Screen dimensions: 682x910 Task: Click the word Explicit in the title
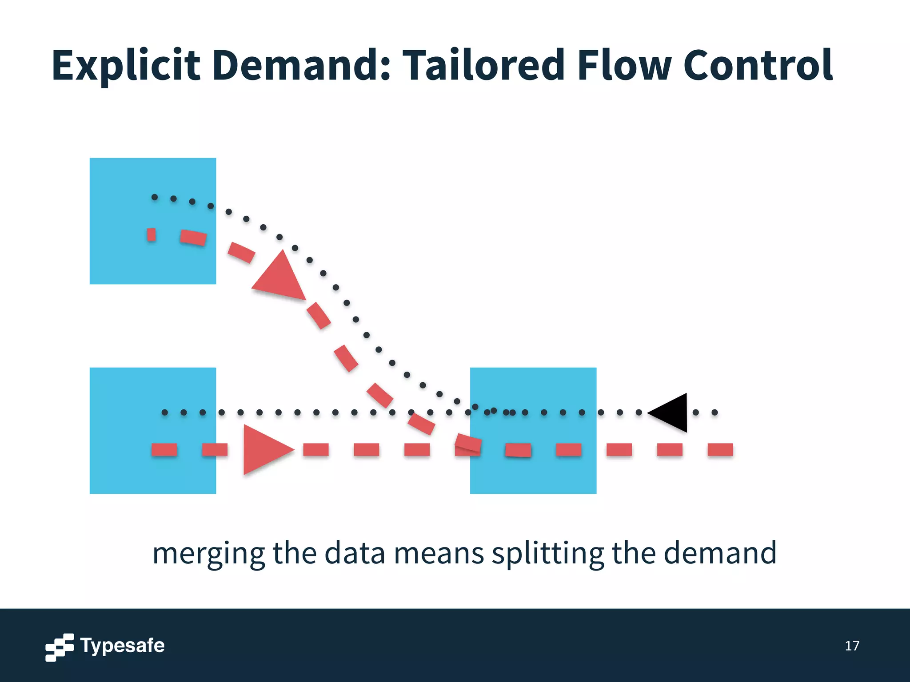[126, 66]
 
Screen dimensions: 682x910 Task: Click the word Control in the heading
[758, 66]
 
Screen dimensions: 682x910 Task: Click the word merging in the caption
[208, 554]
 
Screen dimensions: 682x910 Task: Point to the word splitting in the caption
[547, 554]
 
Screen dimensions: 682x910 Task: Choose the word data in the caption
[355, 554]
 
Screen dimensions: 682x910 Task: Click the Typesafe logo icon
[59, 647]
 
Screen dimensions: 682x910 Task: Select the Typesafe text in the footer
[122, 646]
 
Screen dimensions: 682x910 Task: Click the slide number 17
[852, 646]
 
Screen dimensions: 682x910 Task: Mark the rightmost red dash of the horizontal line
[720, 450]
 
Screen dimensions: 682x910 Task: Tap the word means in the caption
[439, 554]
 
